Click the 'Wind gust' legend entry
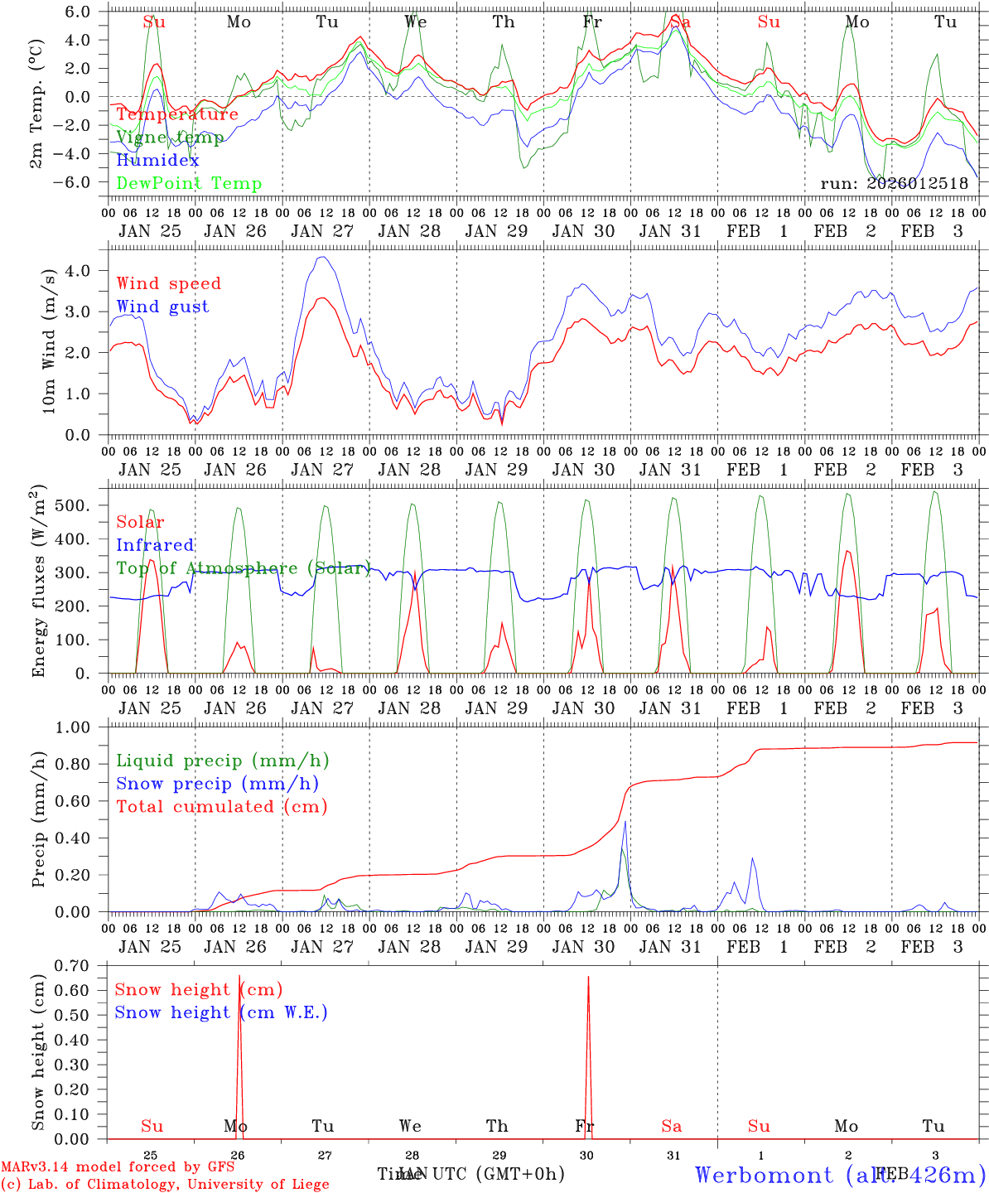tap(162, 307)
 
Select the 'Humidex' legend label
tap(157, 160)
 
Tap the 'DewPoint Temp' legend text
tap(189, 183)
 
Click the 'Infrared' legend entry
tap(155, 545)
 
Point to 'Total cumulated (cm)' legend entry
tap(221, 806)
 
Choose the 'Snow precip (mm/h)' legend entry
tap(217, 784)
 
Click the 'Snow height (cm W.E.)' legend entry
tap(221, 1012)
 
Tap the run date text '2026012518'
tap(917, 183)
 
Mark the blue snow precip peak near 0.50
tap(625, 822)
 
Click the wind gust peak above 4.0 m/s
tap(322, 257)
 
